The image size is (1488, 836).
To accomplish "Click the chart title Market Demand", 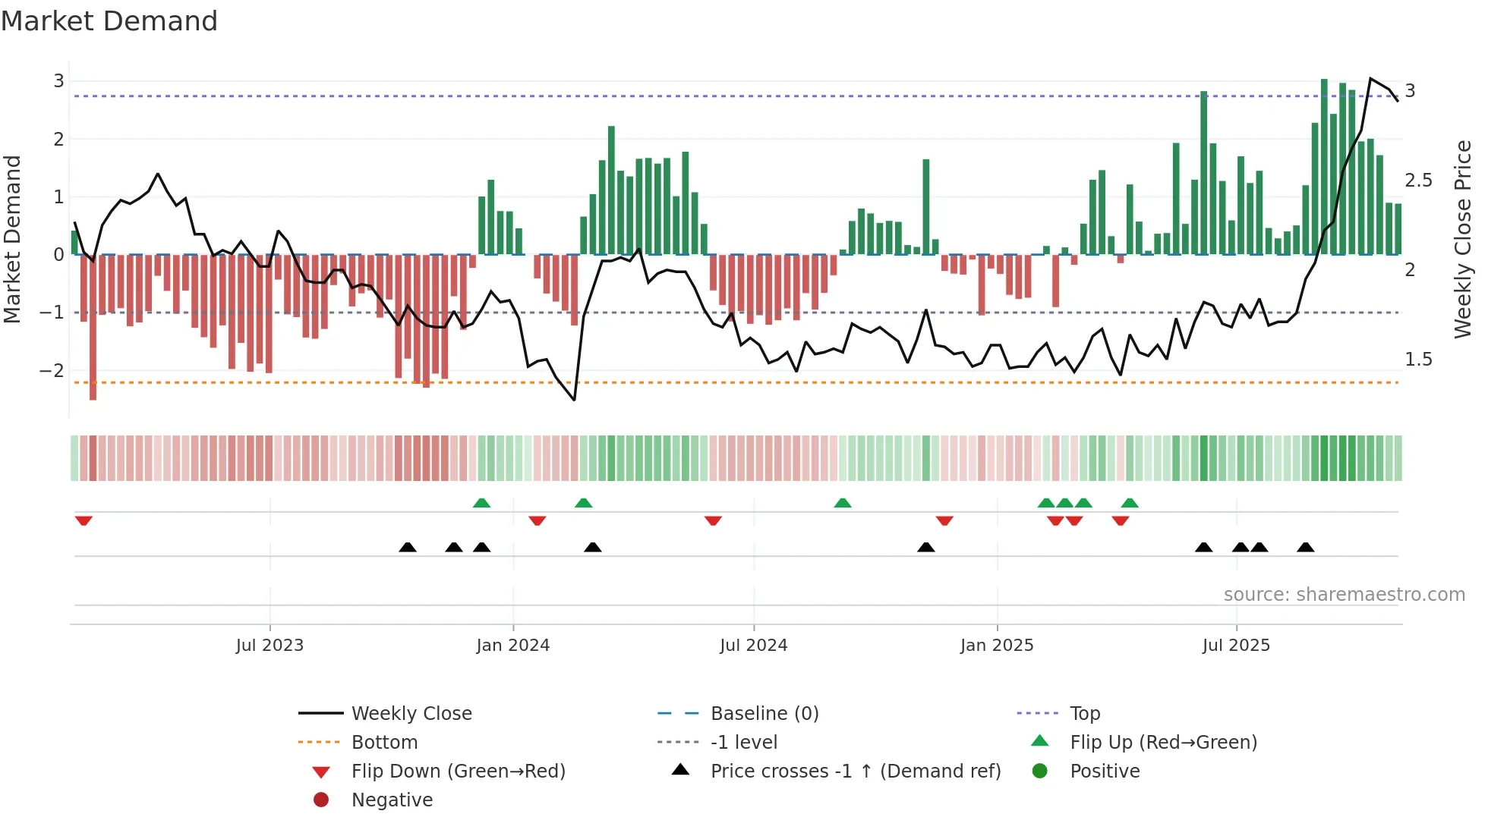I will pos(109,21).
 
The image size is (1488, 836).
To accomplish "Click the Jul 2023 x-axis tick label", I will pos(270,646).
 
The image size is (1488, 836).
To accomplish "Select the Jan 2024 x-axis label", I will pos(512,646).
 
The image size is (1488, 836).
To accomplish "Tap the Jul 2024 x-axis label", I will pos(753,646).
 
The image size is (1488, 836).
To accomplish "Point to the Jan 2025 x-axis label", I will pos(996,646).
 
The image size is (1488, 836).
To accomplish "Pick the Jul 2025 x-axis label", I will pos(1236,646).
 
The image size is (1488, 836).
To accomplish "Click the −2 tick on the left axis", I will pos(52,371).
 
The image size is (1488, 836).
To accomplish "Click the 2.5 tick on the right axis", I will pos(1418,181).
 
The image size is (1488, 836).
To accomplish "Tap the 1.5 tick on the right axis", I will pos(1418,360).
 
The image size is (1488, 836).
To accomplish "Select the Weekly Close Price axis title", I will pos(1463,239).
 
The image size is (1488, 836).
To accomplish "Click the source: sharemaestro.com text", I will pos(1344,595).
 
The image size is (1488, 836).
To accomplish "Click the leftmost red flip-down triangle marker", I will pos(84,520).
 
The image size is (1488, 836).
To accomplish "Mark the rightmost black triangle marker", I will pos(1305,548).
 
